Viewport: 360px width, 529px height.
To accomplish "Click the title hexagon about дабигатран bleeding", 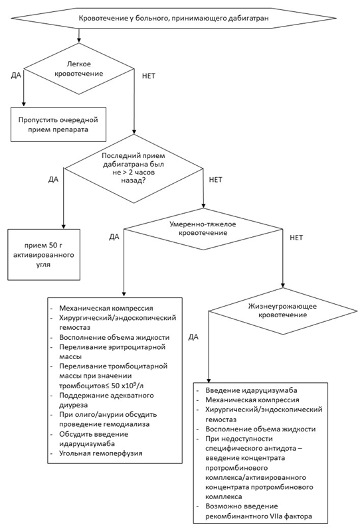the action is pyautogui.click(x=173, y=18).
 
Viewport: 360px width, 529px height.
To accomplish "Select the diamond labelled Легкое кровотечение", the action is pyautogui.click(x=78, y=69).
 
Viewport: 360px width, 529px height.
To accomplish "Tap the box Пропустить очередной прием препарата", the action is pyautogui.click(x=58, y=125).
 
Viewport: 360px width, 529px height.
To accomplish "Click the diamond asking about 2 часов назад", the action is pyautogui.click(x=134, y=169).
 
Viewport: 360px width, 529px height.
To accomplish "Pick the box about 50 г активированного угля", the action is pyautogui.click(x=44, y=255).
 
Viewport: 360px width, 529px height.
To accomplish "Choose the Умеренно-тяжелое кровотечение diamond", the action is pyautogui.click(x=203, y=229).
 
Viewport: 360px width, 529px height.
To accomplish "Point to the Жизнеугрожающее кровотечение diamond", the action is pyautogui.click(x=282, y=311).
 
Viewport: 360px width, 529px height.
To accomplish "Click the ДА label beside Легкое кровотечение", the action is pyautogui.click(x=16, y=75).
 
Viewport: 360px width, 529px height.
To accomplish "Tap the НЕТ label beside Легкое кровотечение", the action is pyautogui.click(x=149, y=76).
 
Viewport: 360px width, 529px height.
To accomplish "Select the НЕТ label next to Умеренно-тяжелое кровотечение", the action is pyautogui.click(x=296, y=238).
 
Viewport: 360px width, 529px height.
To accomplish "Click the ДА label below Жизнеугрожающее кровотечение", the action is pyautogui.click(x=193, y=337).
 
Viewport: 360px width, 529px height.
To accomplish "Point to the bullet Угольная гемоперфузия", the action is pyautogui.click(x=101, y=453).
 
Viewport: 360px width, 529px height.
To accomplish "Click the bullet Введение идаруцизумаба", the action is pyautogui.click(x=251, y=390).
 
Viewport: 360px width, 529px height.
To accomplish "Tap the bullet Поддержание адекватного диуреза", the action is pyautogui.click(x=106, y=400).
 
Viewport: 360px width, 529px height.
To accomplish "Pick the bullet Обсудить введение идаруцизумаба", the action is pyautogui.click(x=94, y=439).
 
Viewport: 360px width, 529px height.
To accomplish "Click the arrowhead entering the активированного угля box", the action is pyautogui.click(x=63, y=227).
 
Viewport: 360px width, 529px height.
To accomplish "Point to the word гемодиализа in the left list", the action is pyautogui.click(x=130, y=424).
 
